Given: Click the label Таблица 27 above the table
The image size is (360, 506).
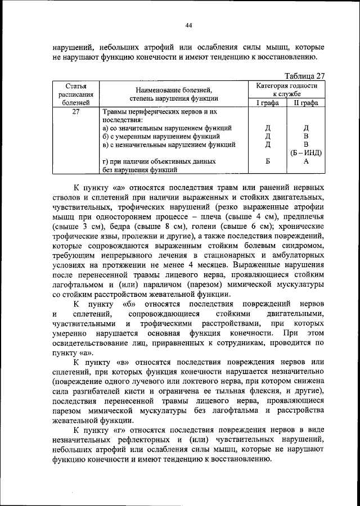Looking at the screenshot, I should pos(305,76).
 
